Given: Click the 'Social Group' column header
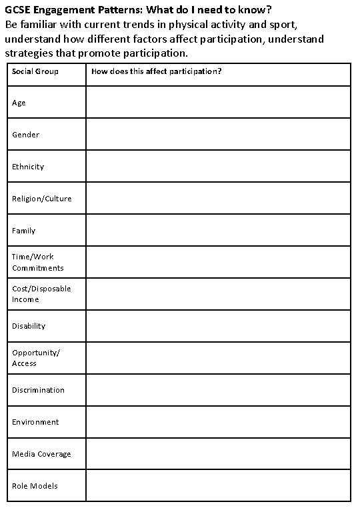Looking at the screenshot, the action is [x=35, y=71].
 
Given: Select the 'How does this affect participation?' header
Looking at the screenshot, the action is [x=157, y=71].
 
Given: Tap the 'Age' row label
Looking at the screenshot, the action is [x=19, y=103].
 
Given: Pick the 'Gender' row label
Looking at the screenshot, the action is [x=25, y=135].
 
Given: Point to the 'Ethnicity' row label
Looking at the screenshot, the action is [x=28, y=167].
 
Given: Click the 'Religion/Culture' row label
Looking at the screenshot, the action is [x=41, y=199].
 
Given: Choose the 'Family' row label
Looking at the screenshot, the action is [x=23, y=231].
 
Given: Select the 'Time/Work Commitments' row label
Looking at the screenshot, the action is [x=37, y=262].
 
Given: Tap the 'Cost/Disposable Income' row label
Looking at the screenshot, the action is [x=41, y=294].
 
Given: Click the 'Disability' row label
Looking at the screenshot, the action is [x=29, y=326].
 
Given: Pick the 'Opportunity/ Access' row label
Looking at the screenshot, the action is [x=35, y=358].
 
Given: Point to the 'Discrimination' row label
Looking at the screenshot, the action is [x=38, y=390].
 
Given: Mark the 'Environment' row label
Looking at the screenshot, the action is [x=35, y=422].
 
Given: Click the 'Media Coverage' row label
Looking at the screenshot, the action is [x=41, y=454].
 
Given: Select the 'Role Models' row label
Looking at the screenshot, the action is [x=35, y=486].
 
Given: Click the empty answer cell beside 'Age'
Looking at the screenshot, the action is [x=218, y=102].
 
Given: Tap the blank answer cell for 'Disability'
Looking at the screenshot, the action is [x=218, y=326].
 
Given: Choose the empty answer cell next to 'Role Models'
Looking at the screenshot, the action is [x=218, y=486].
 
